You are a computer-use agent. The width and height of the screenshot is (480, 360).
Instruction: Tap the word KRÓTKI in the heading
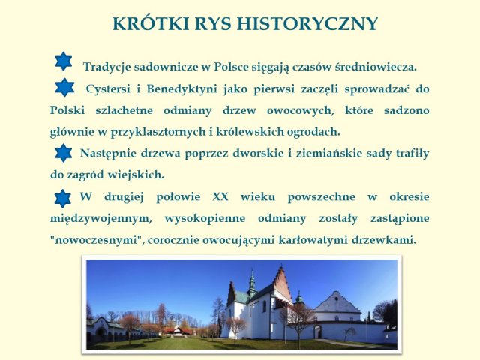(x=151, y=23)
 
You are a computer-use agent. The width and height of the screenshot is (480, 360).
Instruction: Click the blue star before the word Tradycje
(x=64, y=61)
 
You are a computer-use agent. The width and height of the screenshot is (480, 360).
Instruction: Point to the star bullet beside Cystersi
(x=64, y=87)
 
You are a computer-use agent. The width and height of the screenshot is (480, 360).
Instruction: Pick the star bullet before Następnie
(x=64, y=153)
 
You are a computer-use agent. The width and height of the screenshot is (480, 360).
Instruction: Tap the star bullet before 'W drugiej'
(x=63, y=199)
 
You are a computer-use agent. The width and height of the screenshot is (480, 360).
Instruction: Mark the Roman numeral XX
(x=220, y=196)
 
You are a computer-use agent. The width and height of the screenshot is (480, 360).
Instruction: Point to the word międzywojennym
(x=101, y=219)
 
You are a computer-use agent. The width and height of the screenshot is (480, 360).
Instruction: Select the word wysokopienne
(x=205, y=219)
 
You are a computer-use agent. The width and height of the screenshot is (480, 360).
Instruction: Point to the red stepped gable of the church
(x=282, y=283)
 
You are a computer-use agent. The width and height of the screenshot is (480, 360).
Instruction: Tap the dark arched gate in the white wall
(x=318, y=331)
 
